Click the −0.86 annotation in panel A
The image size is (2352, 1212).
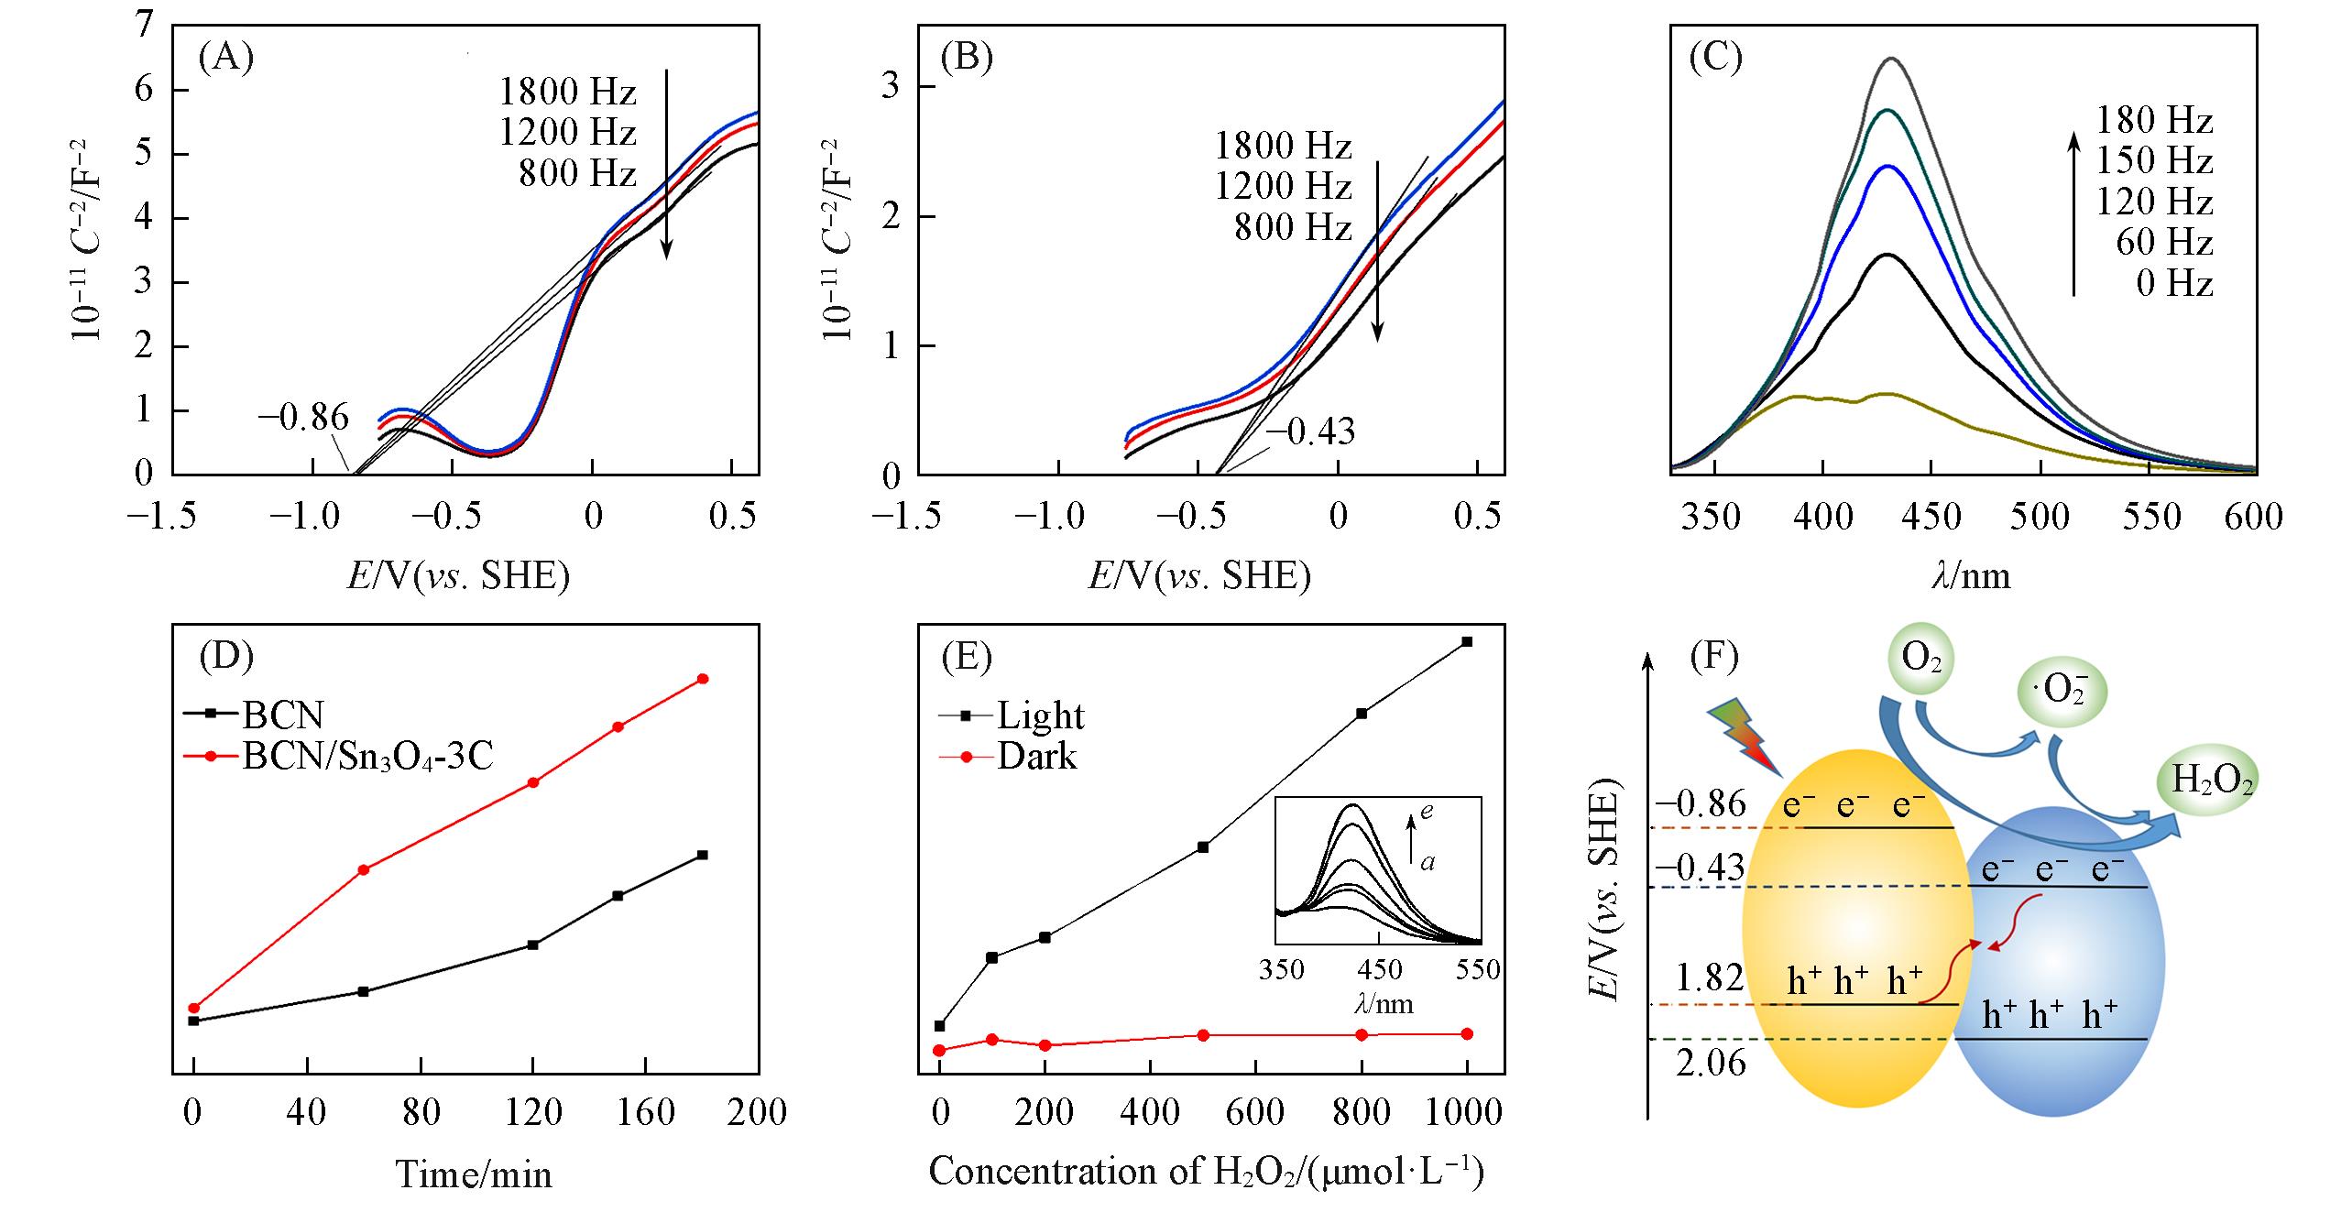point(303,418)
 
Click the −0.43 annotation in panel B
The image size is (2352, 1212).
point(1309,431)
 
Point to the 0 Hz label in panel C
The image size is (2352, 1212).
point(2173,283)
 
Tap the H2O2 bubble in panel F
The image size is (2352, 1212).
point(2212,781)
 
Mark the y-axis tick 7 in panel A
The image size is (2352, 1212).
point(144,27)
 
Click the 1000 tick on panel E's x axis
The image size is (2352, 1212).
point(1465,1112)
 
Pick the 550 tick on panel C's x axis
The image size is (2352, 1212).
point(2150,518)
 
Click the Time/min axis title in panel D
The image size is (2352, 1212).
point(474,1174)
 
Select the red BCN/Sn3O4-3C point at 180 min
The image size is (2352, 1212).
point(703,679)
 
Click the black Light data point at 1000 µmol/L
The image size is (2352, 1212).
point(1467,641)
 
